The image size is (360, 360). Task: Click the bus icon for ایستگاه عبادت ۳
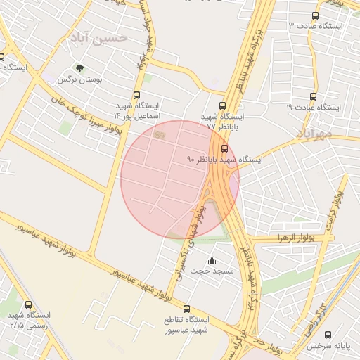(x=314, y=15)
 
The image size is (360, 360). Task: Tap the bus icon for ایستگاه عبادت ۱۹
(x=313, y=96)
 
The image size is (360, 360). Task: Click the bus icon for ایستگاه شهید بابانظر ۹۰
(x=224, y=148)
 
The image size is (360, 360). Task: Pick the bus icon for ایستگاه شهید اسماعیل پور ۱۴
(x=136, y=96)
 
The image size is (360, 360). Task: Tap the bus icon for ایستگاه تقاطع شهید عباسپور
(x=186, y=309)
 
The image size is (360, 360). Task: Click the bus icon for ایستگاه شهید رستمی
(x=28, y=305)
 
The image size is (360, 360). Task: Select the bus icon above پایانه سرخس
(x=328, y=335)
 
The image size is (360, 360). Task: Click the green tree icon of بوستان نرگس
(x=79, y=69)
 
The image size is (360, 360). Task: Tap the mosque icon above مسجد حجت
(x=212, y=261)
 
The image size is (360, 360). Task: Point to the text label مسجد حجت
(x=212, y=271)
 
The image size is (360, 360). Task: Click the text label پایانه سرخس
(x=327, y=347)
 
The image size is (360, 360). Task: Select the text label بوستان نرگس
(x=79, y=80)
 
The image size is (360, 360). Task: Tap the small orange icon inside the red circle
(x=159, y=134)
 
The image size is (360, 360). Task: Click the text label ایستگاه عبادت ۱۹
(x=314, y=108)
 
